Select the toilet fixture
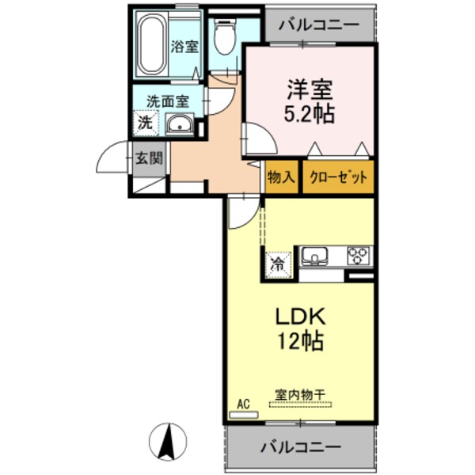click(225, 37)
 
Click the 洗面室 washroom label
click(168, 101)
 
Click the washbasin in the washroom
click(180, 123)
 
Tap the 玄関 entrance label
click(148, 158)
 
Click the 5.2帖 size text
click(310, 114)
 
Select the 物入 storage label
click(280, 177)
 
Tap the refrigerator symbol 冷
click(278, 264)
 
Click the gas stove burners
click(359, 256)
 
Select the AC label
click(243, 405)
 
